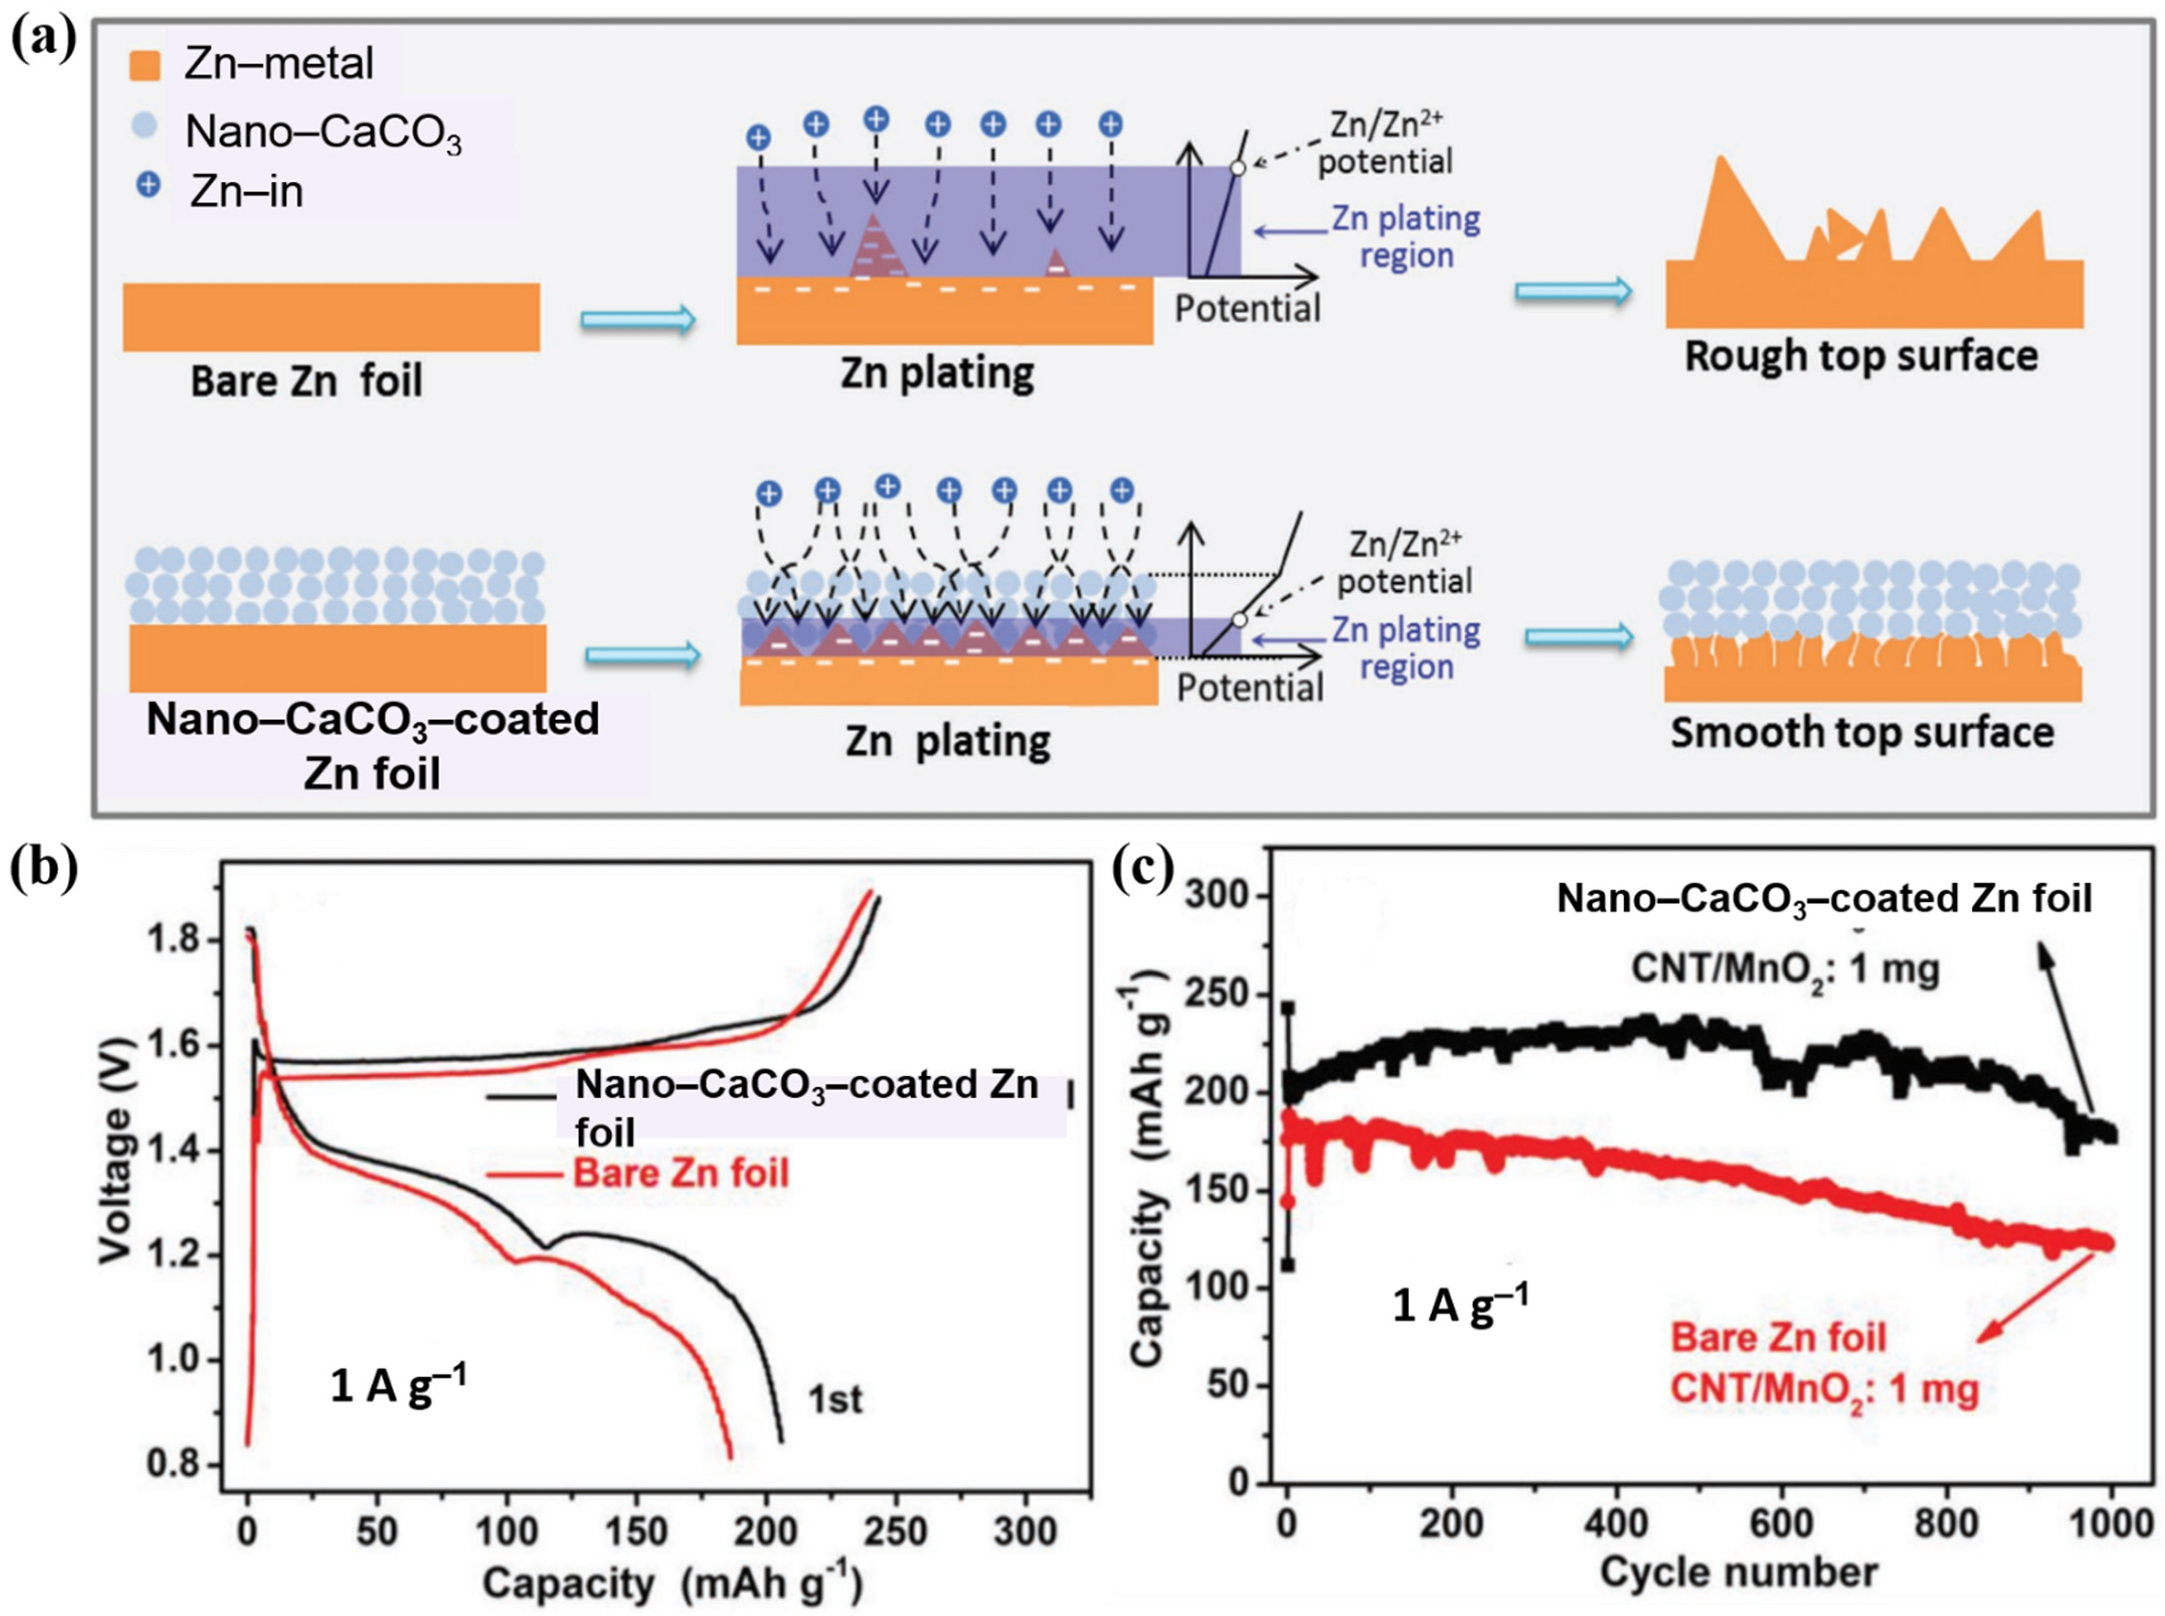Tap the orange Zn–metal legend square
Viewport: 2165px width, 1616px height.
[x=145, y=65]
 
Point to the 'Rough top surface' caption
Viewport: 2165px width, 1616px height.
[x=1861, y=356]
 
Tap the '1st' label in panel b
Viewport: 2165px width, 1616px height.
[x=835, y=1400]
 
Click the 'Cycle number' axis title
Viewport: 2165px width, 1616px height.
[x=1739, y=1572]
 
